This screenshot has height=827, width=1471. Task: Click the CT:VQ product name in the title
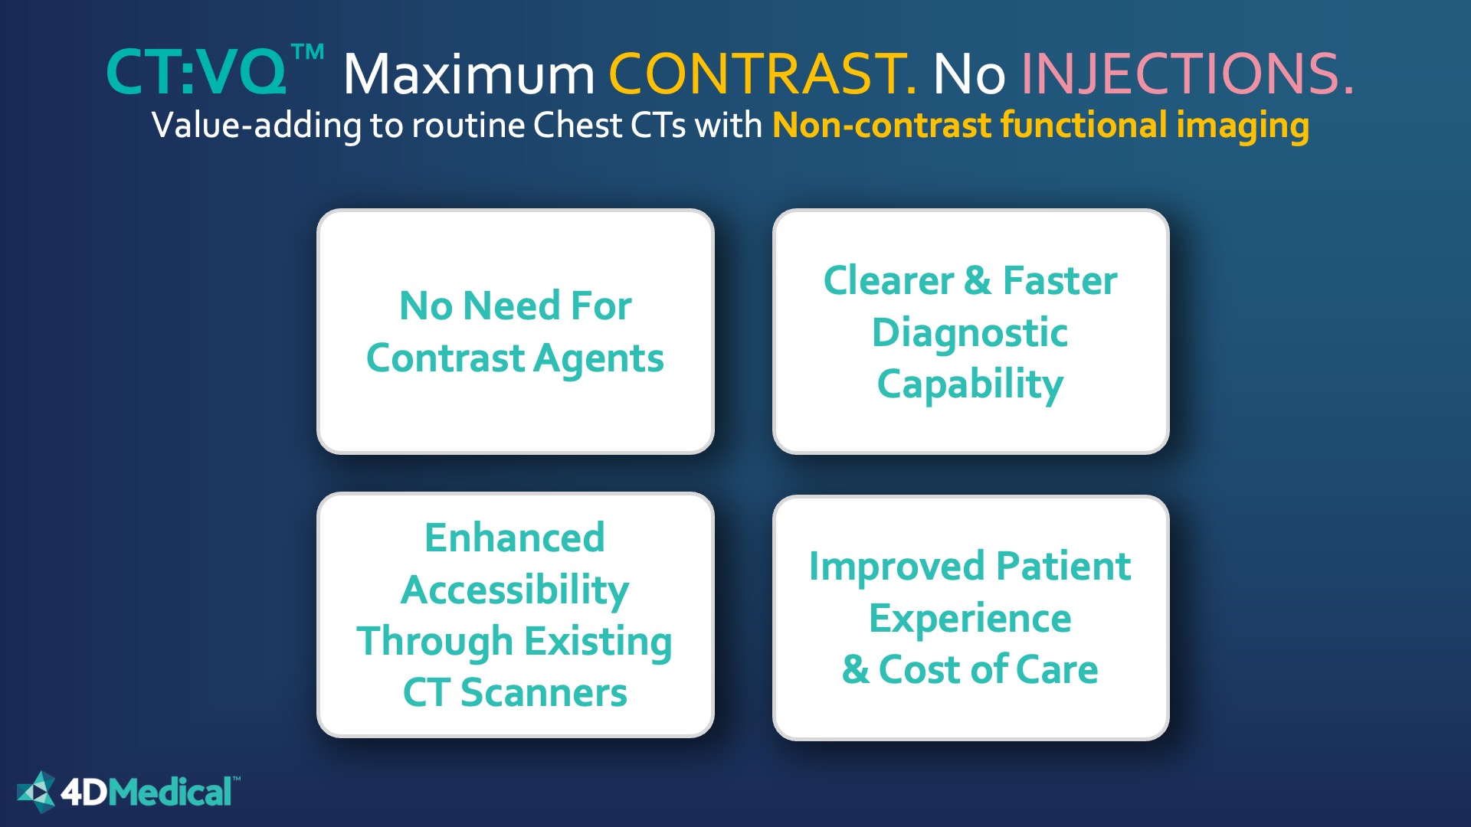tap(196, 73)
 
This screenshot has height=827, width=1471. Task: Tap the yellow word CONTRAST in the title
tap(762, 74)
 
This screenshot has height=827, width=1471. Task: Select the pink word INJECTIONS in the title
tap(1187, 74)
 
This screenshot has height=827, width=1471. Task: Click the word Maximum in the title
tap(469, 74)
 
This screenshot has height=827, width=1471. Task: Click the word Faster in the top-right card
tap(1060, 280)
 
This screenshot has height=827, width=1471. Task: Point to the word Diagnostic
tap(970, 333)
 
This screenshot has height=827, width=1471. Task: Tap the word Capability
tap(970, 385)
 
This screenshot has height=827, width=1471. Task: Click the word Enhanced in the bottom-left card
tap(515, 538)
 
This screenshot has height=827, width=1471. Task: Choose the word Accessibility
tap(515, 590)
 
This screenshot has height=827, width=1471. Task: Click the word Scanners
tap(544, 693)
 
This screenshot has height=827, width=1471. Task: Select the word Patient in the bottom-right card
tap(1063, 567)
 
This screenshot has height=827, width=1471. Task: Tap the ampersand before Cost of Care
tap(855, 670)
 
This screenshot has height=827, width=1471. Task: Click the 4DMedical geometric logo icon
tap(37, 792)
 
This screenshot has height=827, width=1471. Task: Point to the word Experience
tap(970, 619)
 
